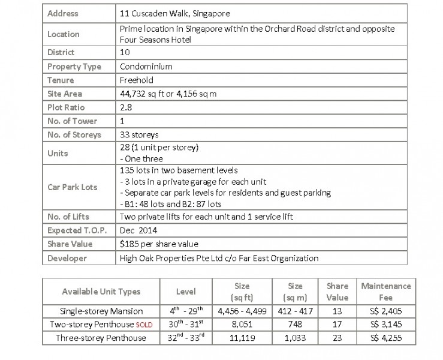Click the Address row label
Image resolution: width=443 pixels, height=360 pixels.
coord(62,13)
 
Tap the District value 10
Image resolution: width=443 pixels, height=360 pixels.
coord(125,53)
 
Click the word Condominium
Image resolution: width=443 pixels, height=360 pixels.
coord(146,67)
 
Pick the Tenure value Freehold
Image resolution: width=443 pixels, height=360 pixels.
coord(136,80)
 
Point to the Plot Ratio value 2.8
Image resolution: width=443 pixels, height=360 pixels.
coord(126,107)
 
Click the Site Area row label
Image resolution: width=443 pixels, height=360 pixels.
coord(65,94)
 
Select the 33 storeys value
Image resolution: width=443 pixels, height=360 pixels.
coord(139,134)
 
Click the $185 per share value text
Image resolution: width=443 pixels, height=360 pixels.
coord(159,244)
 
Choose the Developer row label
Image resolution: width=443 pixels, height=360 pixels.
coord(67,258)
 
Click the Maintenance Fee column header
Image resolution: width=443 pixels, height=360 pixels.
coord(386,292)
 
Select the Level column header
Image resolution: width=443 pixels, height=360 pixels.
coord(186,292)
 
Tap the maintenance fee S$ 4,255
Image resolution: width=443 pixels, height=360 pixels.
coord(386,338)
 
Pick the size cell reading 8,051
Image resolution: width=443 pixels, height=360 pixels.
coord(242,324)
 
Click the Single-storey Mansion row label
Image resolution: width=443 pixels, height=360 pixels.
coord(101,311)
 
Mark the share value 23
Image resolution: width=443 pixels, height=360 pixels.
coord(337,338)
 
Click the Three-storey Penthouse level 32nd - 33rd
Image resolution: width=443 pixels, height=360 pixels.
coord(186,338)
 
